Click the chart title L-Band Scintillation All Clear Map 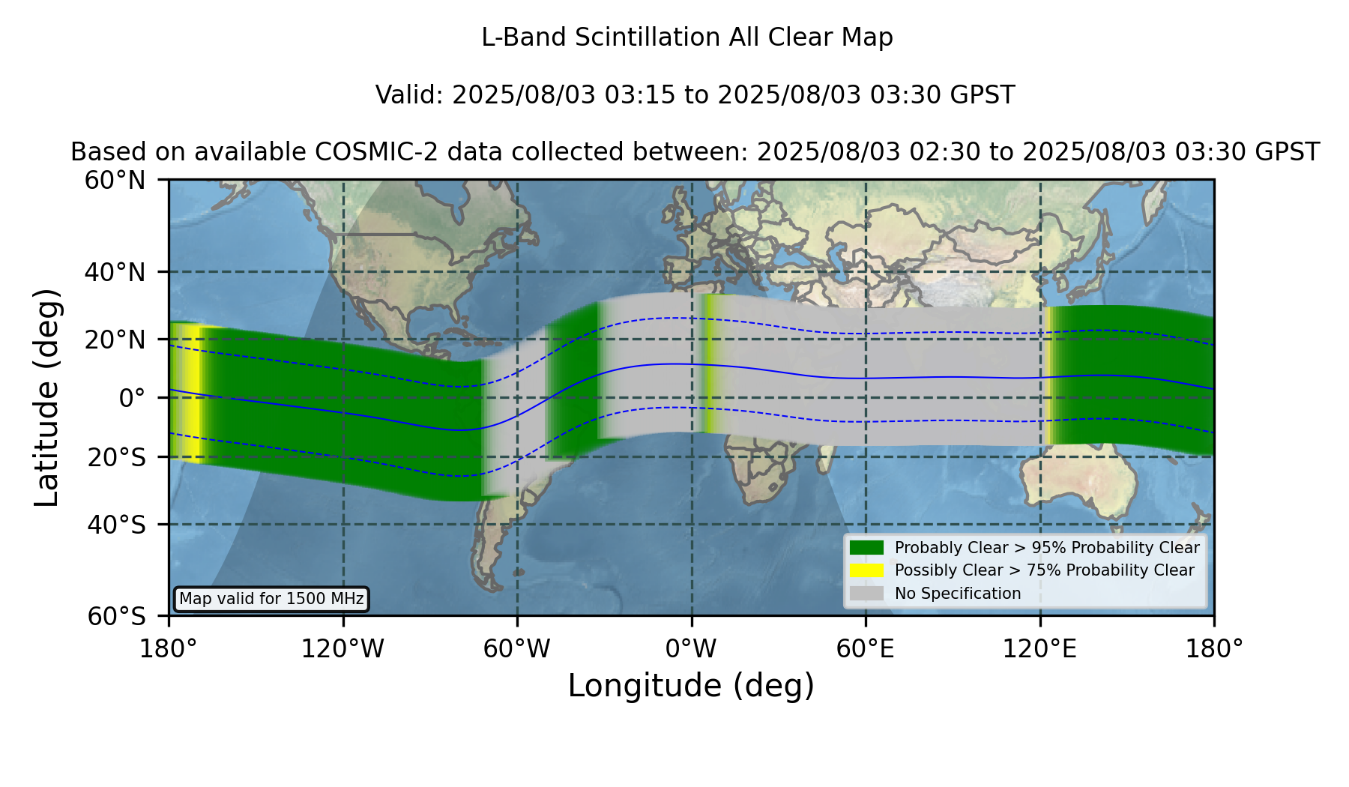686,37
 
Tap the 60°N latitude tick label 115,180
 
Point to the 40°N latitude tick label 115,272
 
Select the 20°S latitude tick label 116,457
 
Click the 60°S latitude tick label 116,616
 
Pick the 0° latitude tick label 132,398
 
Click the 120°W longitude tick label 342,649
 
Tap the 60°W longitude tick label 516,649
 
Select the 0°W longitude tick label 691,649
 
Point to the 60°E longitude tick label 865,649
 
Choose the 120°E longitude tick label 1039,649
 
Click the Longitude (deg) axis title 691,686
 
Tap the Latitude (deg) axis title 46,397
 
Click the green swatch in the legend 867,548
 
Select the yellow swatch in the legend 867,570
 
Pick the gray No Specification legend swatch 867,594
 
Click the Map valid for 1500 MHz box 271,599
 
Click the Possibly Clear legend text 1045,570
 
